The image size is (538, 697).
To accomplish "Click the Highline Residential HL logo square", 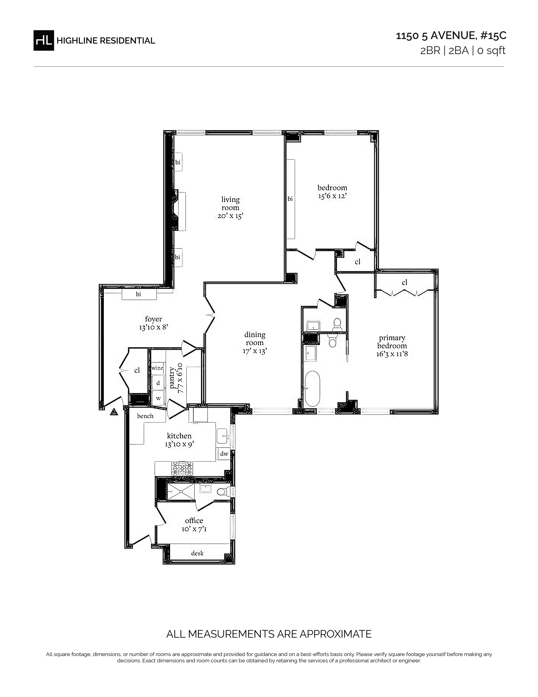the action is pyautogui.click(x=44, y=40).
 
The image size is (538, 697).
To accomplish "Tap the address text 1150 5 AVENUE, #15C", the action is pyautogui.click(x=451, y=36).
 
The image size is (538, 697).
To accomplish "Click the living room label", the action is pyautogui.click(x=230, y=204).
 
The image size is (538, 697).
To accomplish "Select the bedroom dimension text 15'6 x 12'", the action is pyautogui.click(x=332, y=196).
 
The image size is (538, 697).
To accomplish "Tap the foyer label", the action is pyautogui.click(x=153, y=319).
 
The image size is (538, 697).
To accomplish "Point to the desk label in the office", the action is pyautogui.click(x=197, y=553).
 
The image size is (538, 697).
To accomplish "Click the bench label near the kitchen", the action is pyautogui.click(x=145, y=416).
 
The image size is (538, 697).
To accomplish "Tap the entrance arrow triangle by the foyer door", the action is pyautogui.click(x=114, y=412).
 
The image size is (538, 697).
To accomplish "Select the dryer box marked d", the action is pyautogui.click(x=158, y=383).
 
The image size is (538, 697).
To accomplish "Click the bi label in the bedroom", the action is pyautogui.click(x=290, y=199).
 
